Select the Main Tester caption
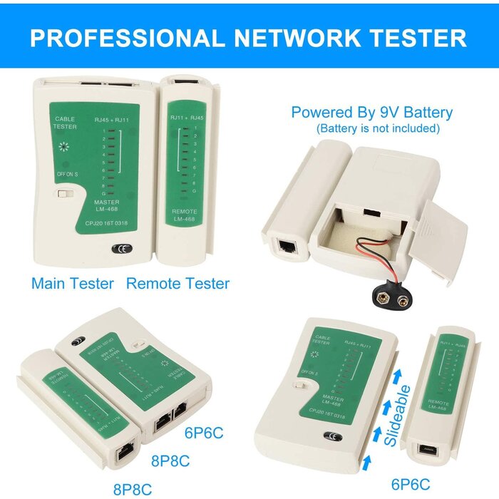tap(72, 283)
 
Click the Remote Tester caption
tap(178, 283)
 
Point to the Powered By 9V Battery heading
tap(371, 113)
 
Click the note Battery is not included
tap(378, 129)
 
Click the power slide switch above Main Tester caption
tap(66, 194)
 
